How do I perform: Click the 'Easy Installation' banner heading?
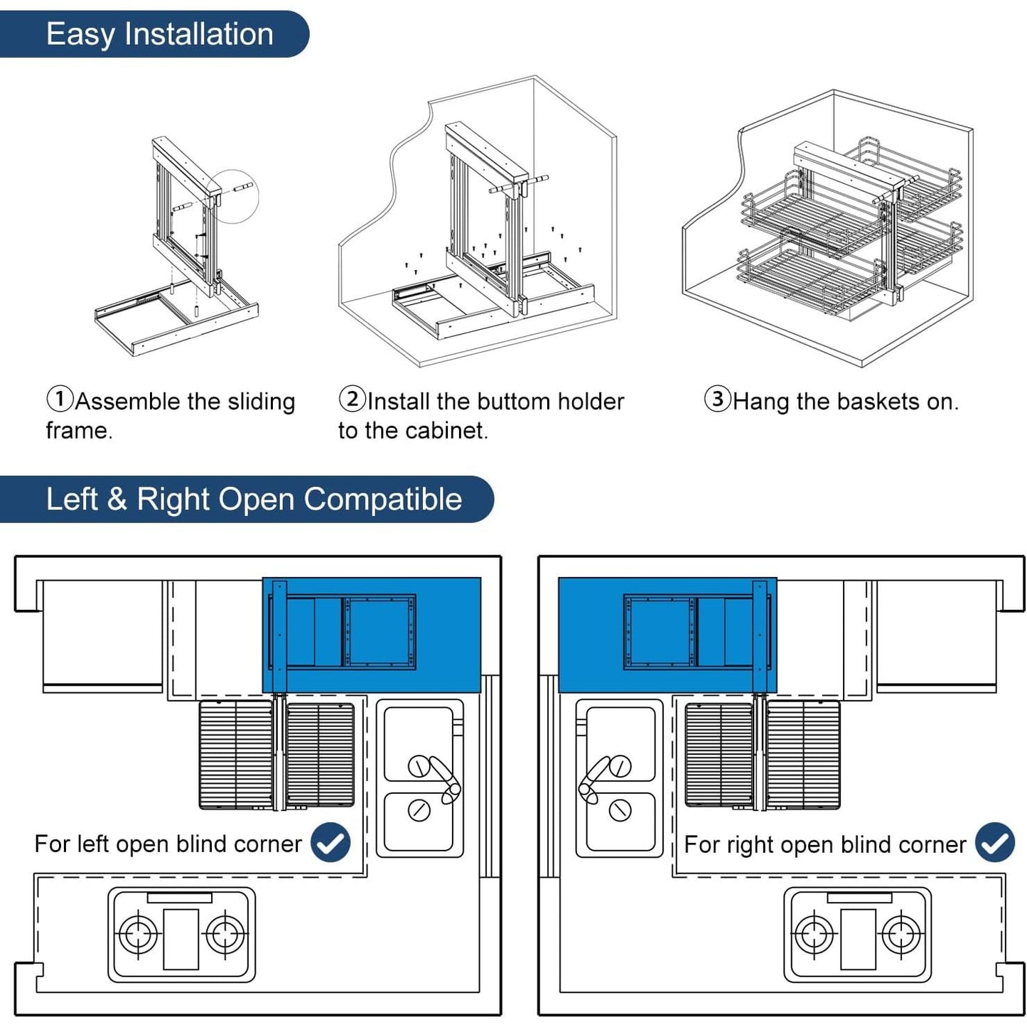[159, 34]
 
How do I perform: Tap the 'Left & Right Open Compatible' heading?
[254, 499]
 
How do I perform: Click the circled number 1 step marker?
[60, 399]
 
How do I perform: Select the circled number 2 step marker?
[352, 399]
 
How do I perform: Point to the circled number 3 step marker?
[717, 399]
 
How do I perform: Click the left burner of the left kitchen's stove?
[138, 933]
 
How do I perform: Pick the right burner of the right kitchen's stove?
[901, 933]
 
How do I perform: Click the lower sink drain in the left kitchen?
[419, 810]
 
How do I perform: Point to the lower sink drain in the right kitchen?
[620, 810]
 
